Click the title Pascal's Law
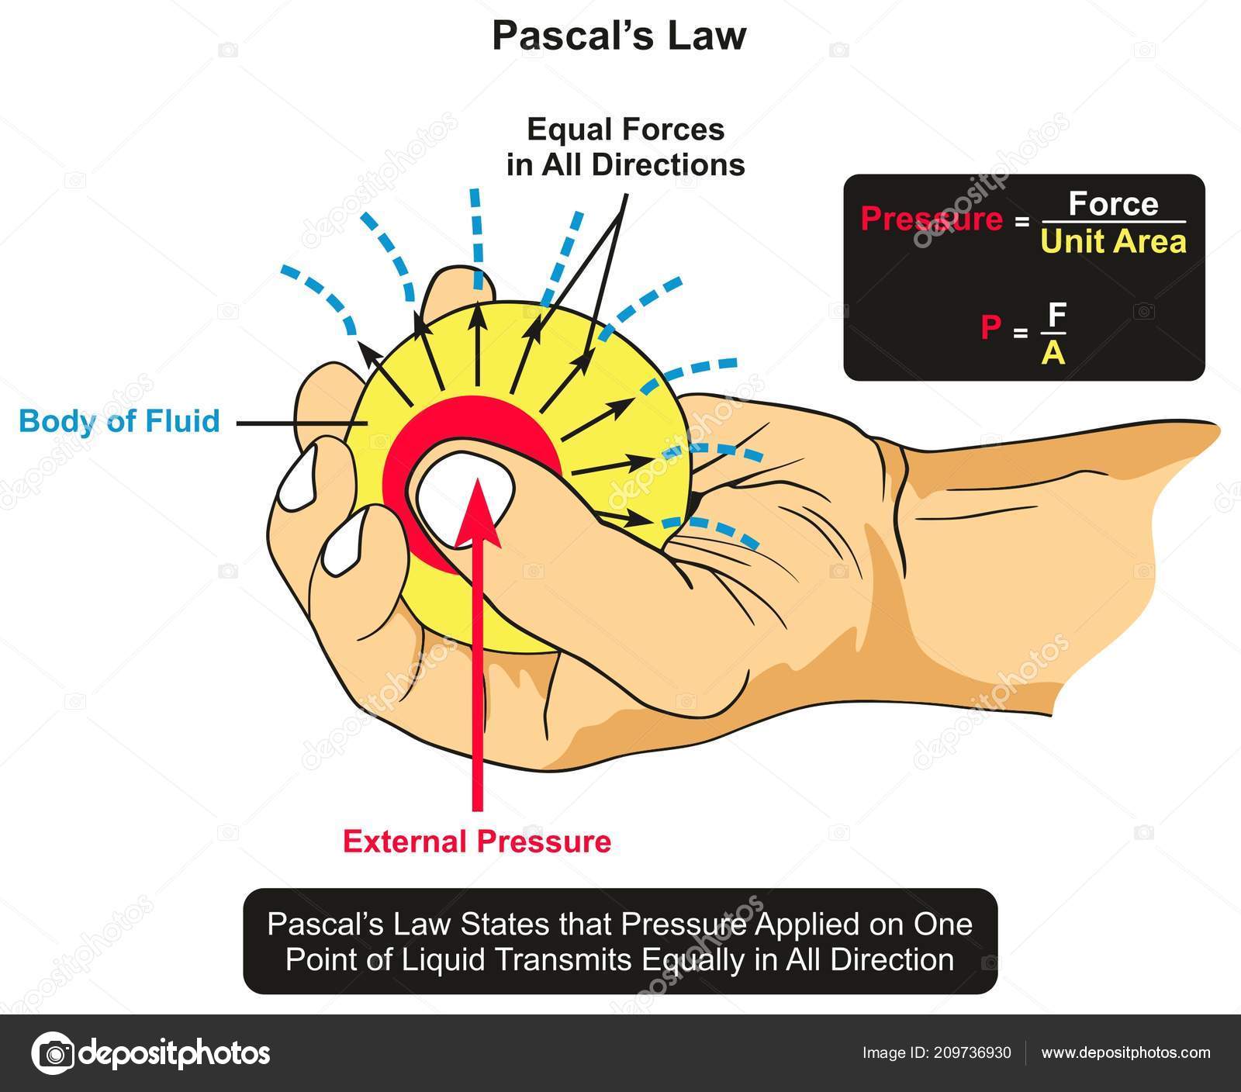[x=619, y=37]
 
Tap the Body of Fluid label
[x=119, y=421]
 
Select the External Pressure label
[x=477, y=841]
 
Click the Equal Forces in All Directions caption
[x=625, y=147]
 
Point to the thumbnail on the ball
[x=463, y=496]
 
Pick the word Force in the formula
[x=1113, y=204]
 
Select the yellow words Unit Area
[x=1113, y=242]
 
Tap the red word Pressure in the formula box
[x=932, y=219]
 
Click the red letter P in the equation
[x=990, y=329]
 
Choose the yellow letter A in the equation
[x=1053, y=353]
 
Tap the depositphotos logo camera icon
[x=53, y=1053]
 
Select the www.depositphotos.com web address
[x=1125, y=1052]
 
